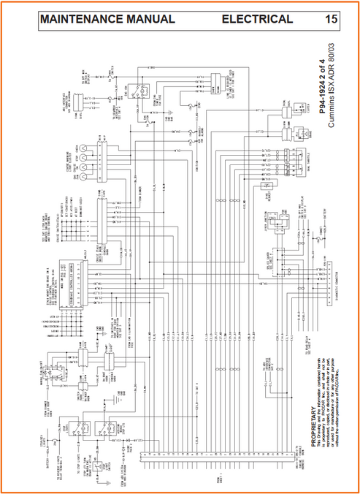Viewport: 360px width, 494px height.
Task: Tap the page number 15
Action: tap(331, 19)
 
